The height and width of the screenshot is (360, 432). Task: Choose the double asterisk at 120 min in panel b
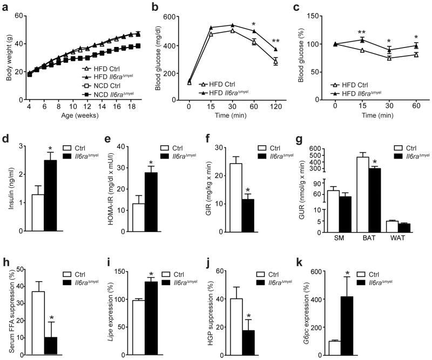tap(276, 42)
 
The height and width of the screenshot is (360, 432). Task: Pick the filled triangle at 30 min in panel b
tap(232, 25)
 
